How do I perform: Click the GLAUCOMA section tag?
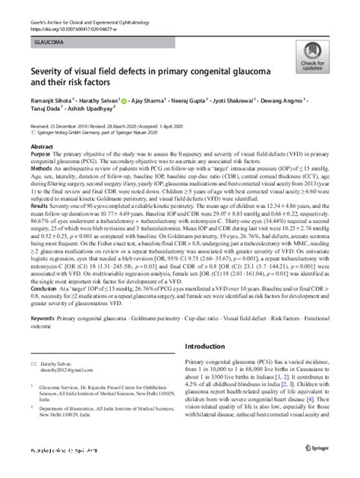tap(48, 34)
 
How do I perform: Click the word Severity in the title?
tap(50, 71)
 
